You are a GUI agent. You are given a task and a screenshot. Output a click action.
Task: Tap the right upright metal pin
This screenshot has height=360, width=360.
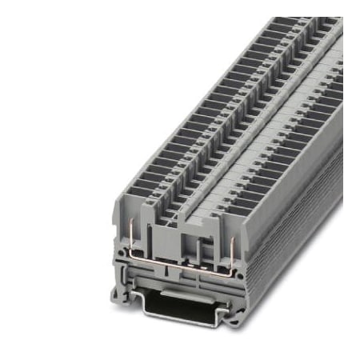231,245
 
